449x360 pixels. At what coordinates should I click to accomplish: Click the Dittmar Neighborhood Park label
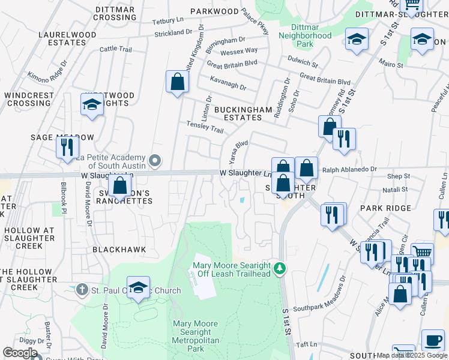point(304,35)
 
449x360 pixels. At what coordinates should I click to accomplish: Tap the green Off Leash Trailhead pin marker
point(278,268)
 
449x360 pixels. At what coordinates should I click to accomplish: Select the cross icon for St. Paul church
point(82,290)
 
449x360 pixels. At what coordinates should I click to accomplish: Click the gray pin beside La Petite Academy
point(155,160)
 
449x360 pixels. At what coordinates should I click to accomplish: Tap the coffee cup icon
point(432,340)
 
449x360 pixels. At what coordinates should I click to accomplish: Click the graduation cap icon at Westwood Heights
point(92,104)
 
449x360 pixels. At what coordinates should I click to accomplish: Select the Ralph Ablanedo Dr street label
point(349,170)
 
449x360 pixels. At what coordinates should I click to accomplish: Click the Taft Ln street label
point(306,344)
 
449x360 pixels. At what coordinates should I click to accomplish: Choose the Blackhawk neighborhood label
point(119,249)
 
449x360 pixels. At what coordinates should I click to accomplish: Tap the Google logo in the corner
point(20,352)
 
